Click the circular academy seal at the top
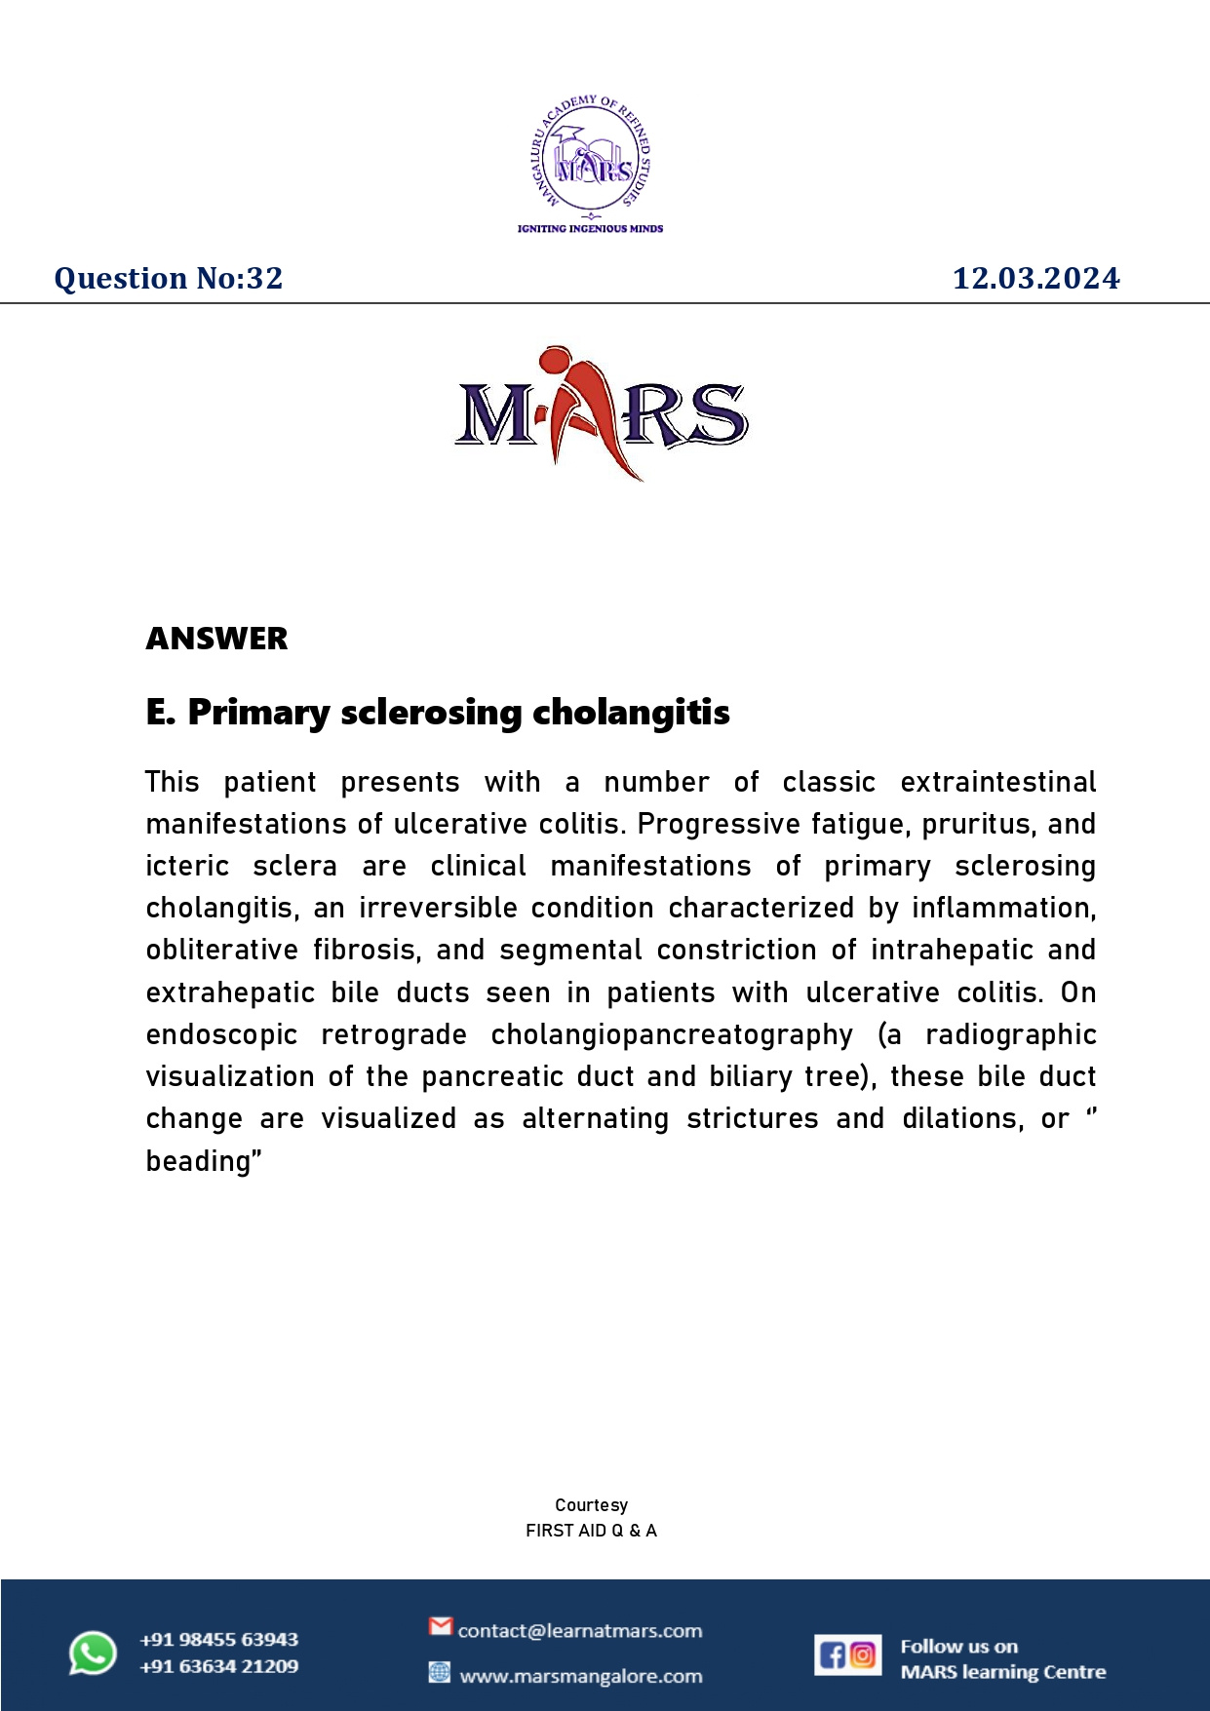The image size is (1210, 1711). (591, 155)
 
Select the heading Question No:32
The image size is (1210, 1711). (169, 278)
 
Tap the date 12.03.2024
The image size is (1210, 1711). (1035, 278)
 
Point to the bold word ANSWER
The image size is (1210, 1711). (216, 639)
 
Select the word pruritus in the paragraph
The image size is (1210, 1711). (976, 825)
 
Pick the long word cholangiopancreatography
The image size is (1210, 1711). (672, 1034)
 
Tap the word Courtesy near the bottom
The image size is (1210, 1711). (591, 1505)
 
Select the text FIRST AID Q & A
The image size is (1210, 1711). (591, 1531)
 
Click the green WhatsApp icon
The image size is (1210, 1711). (93, 1653)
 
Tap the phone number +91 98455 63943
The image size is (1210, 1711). (218, 1640)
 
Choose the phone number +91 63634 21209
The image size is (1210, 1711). (218, 1666)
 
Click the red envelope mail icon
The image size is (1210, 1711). (441, 1626)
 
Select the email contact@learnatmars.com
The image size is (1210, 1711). (580, 1631)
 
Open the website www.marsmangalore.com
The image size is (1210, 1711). (581, 1677)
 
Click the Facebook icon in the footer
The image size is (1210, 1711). (832, 1655)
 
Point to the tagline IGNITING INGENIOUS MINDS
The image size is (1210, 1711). (590, 229)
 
